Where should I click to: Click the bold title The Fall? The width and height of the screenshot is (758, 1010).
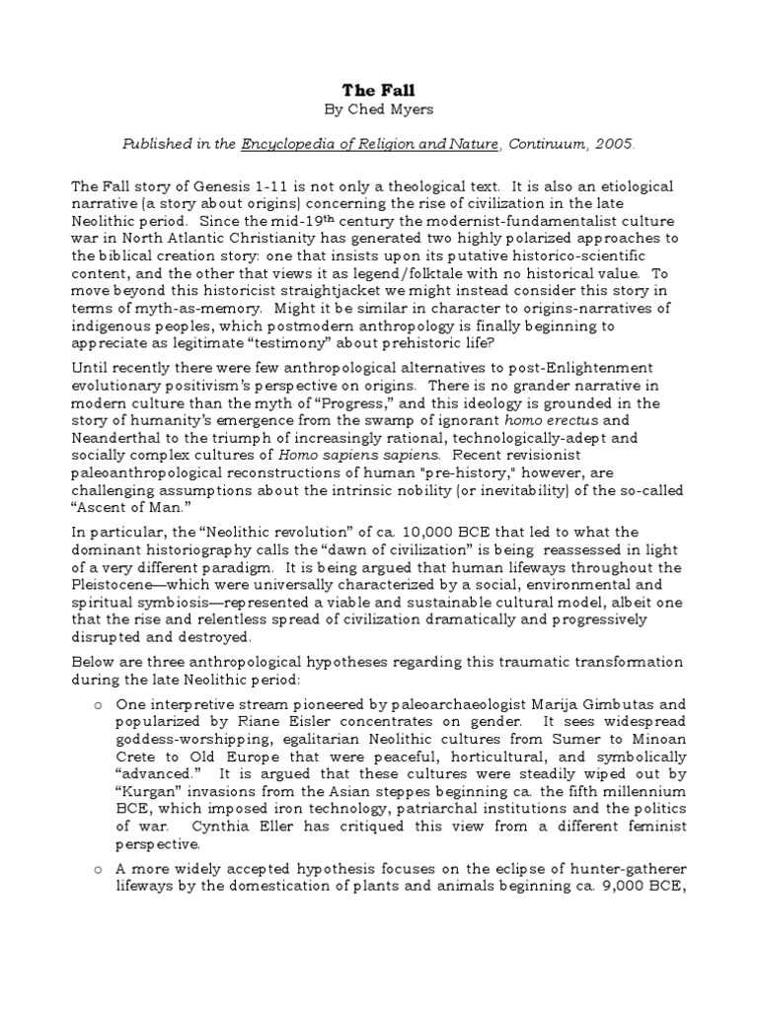point(379,88)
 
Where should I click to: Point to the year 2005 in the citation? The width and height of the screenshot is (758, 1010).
point(614,144)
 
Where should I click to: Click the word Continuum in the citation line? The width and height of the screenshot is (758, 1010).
point(547,144)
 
